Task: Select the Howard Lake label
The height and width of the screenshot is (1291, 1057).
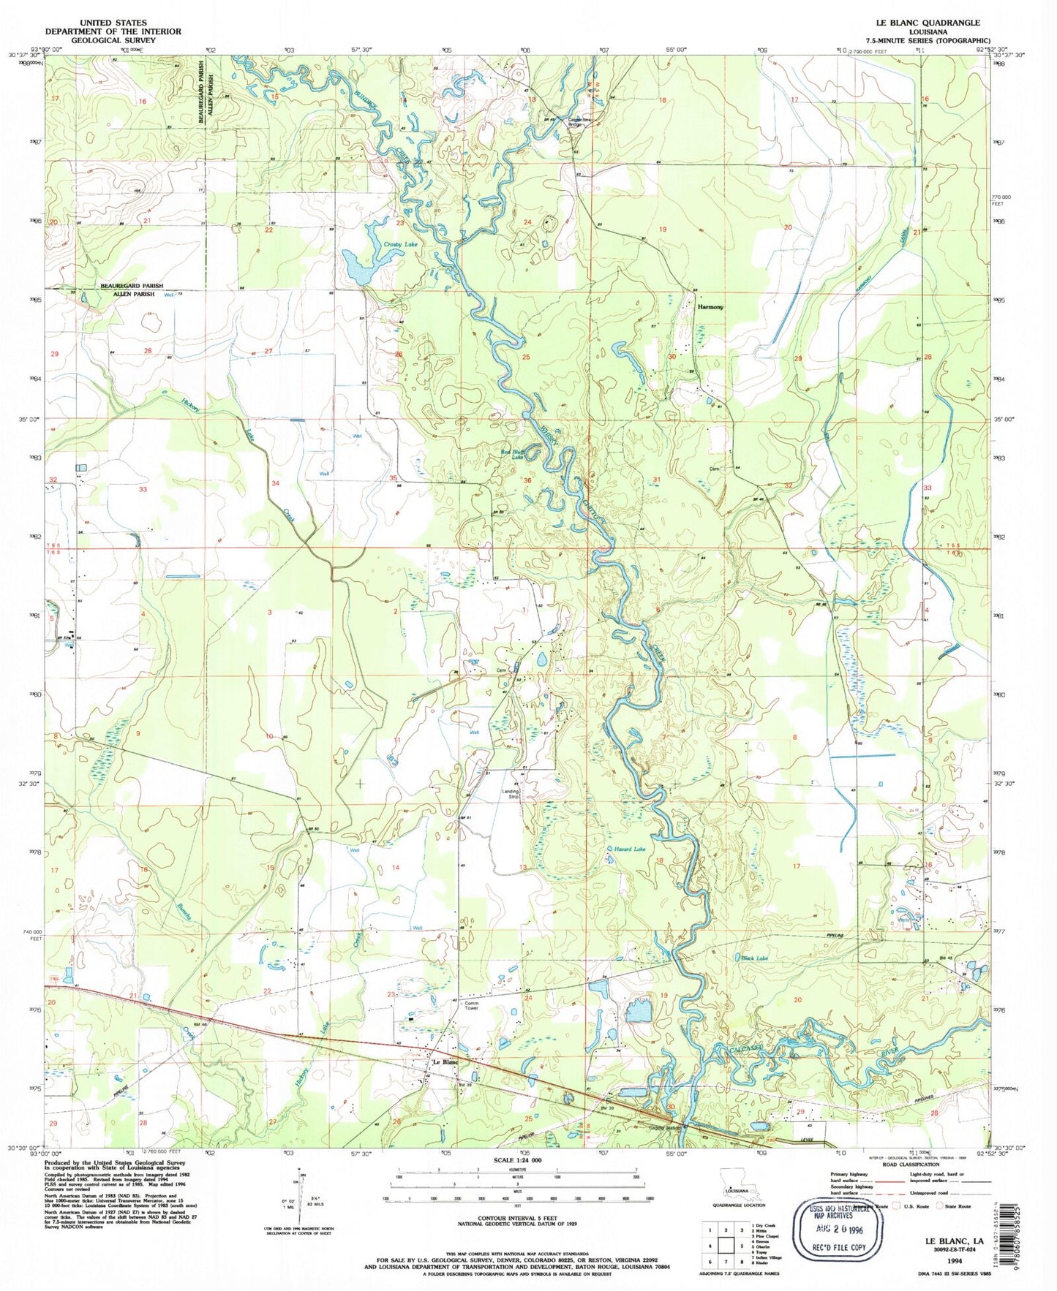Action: pyautogui.click(x=630, y=849)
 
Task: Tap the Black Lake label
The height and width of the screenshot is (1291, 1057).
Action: pyautogui.click(x=750, y=957)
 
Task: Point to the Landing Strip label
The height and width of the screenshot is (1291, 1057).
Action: pyautogui.click(x=510, y=794)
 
